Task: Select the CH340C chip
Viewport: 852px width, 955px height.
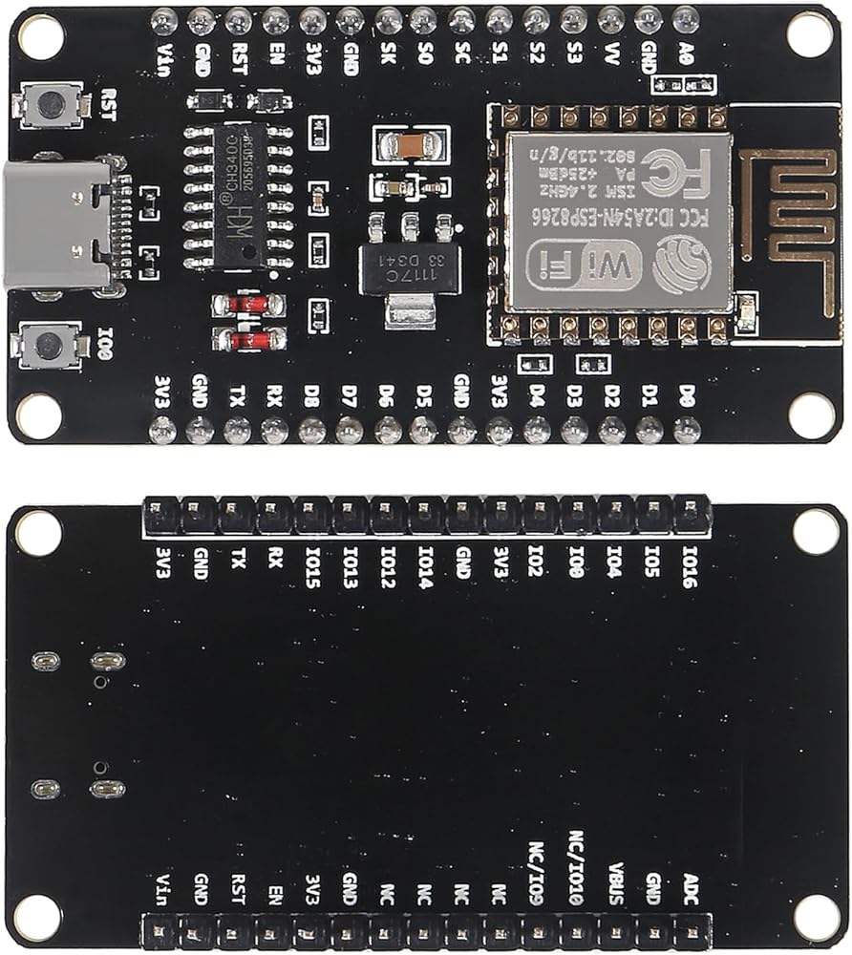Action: tap(238, 196)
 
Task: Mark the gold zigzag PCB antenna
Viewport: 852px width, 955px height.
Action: tap(792, 203)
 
